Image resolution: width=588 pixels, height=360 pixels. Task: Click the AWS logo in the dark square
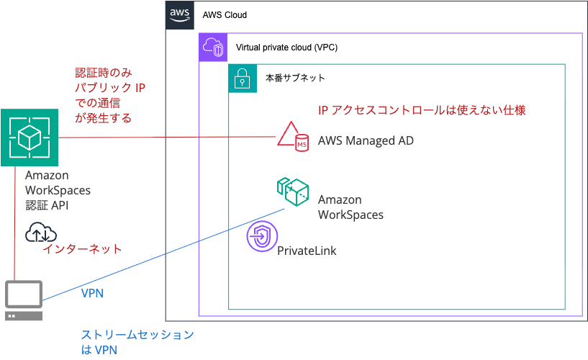point(180,15)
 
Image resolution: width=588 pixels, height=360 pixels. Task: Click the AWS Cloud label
point(225,15)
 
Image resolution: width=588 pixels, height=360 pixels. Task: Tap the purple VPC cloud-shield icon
point(213,48)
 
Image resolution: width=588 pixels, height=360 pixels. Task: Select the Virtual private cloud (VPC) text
point(286,48)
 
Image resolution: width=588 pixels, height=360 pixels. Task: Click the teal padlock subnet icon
point(243,78)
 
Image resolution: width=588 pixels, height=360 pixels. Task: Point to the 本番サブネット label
point(295,78)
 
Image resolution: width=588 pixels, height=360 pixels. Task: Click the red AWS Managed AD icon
point(293,137)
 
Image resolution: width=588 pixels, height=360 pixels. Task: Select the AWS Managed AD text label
point(366,140)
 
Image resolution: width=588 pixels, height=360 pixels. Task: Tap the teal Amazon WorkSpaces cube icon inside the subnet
point(293,192)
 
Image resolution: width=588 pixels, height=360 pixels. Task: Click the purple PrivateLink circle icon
point(262,237)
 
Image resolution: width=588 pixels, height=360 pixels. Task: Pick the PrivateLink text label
point(307,251)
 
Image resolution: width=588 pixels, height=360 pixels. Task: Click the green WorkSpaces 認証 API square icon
point(30,138)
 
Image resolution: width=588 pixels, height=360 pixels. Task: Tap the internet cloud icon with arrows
point(41,232)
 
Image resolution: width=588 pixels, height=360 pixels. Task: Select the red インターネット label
point(83,249)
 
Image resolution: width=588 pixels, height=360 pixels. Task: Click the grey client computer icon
point(24,300)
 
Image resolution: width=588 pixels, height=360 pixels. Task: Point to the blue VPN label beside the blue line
point(92,293)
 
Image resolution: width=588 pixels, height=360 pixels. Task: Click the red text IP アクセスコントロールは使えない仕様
point(422,110)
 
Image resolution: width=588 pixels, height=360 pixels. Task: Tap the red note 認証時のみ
point(104,73)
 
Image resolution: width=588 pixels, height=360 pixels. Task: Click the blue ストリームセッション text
point(137,335)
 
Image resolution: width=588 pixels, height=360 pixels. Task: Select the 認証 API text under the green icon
point(47,205)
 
